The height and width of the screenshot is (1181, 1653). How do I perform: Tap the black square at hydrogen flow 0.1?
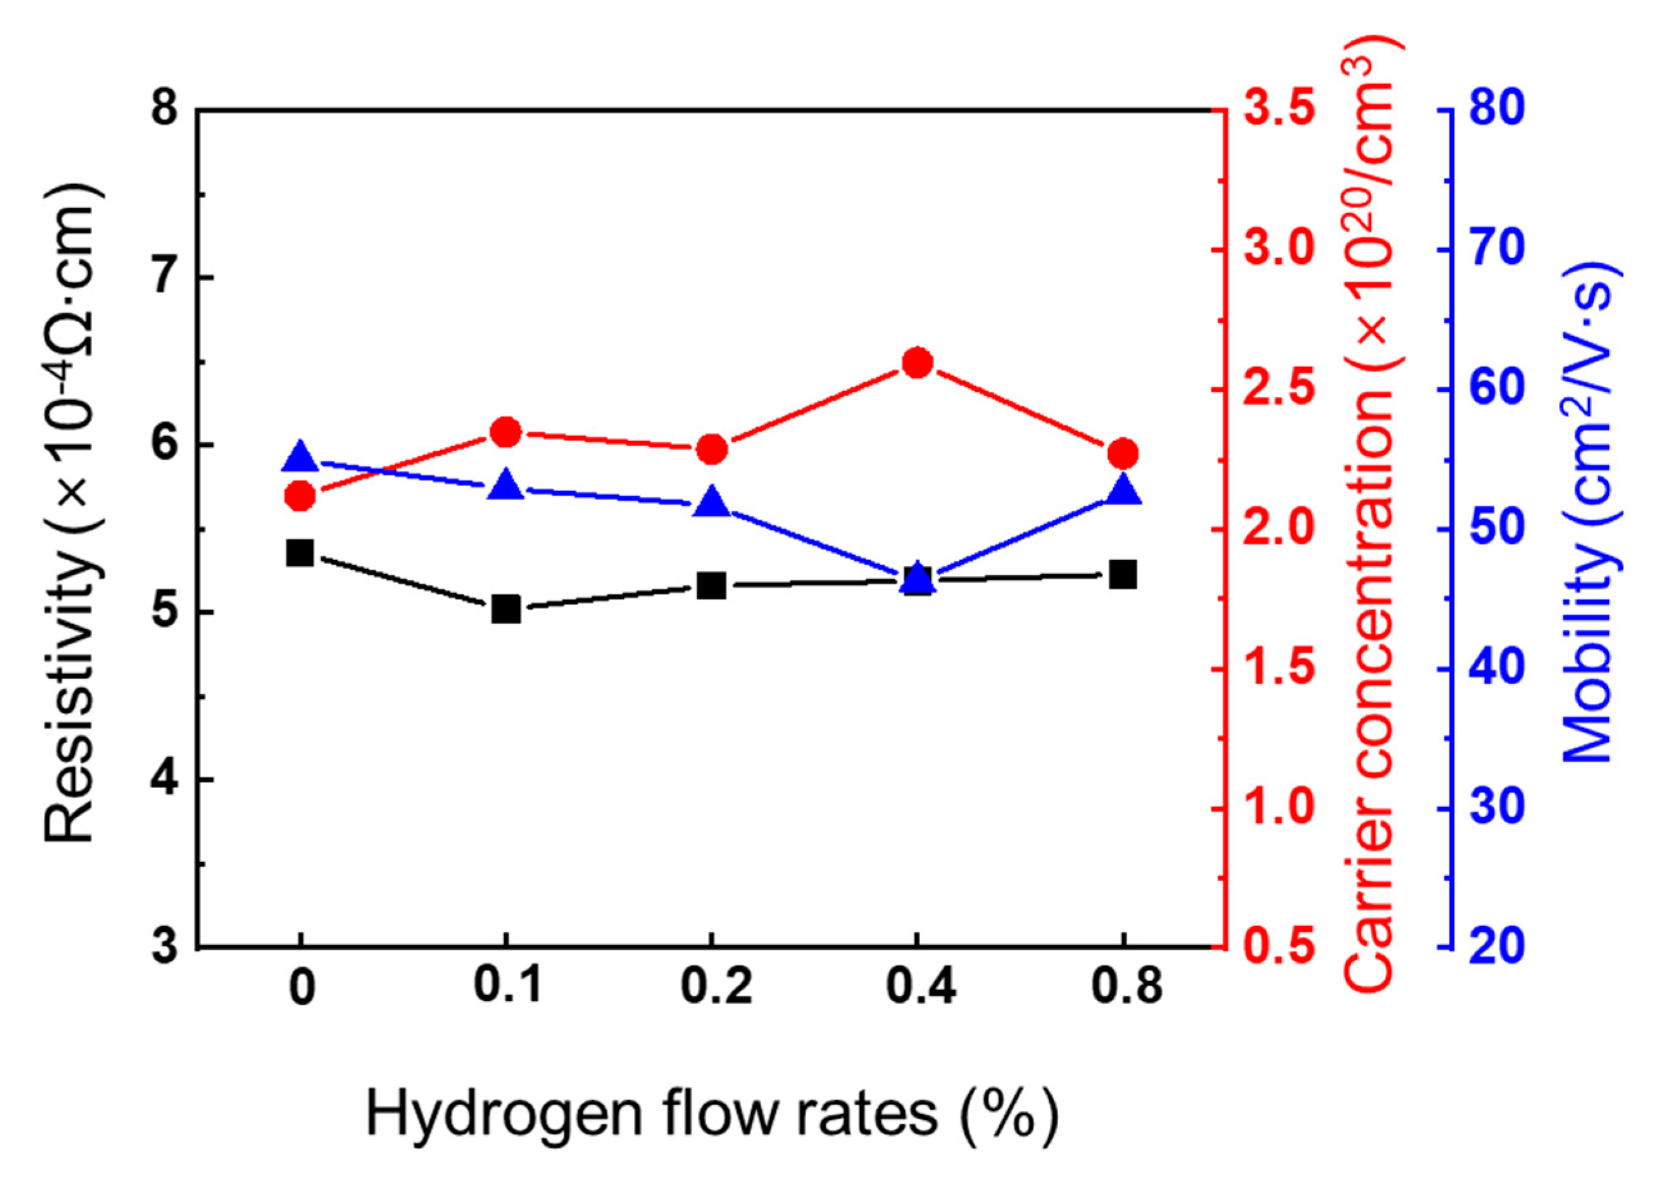click(506, 609)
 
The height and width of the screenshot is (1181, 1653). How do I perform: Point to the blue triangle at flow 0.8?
click(1124, 490)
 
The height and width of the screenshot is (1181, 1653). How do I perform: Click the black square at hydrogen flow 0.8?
click(1124, 575)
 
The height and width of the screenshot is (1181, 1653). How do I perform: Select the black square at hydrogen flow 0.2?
click(712, 585)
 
